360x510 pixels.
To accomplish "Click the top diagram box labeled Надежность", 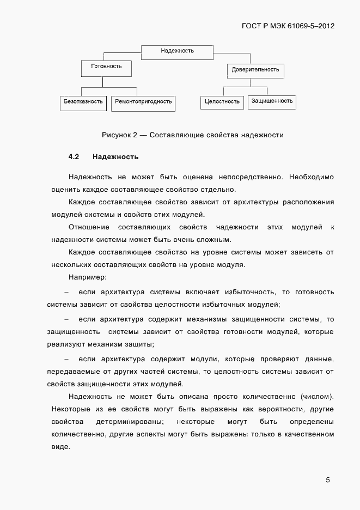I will coord(177,52).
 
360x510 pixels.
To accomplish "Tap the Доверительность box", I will coord(255,70).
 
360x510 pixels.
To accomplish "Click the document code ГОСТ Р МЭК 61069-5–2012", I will coord(288,25).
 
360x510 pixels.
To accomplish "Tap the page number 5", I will coord(328,480).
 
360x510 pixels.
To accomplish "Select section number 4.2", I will coord(74,157).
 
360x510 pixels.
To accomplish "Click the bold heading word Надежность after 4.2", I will coord(115,157).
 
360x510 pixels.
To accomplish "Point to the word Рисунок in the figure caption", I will coord(116,134).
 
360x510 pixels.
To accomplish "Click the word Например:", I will coord(88,277).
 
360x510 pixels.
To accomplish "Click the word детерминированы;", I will coord(129,422).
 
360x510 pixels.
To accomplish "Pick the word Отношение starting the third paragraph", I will coord(89,227).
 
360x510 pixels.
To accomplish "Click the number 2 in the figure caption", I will coord(135,134).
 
